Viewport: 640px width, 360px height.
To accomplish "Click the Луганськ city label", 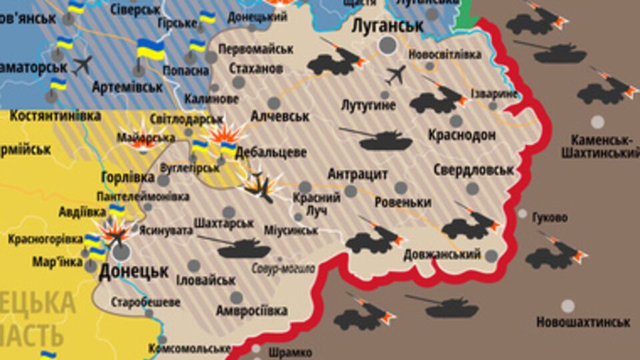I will (387, 26).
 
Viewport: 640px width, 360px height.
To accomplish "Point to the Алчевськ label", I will (280, 117).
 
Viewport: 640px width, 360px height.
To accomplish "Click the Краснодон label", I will (463, 135).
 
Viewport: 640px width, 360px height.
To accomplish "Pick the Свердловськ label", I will (473, 170).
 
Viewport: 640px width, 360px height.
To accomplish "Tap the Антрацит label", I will (357, 174).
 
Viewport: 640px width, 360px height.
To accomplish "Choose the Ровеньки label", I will (403, 202).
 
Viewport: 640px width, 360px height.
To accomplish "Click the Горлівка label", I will (129, 178).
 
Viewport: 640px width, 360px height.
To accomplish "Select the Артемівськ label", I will (127, 86).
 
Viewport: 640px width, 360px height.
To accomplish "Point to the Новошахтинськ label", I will (583, 322).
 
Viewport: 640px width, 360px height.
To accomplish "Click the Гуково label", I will (550, 217).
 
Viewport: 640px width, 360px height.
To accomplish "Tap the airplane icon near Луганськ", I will (395, 75).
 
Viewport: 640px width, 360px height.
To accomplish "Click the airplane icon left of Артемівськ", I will (83, 65).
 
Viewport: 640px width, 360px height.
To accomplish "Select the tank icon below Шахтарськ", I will (243, 248).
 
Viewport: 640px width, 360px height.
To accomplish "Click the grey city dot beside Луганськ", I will (387, 45).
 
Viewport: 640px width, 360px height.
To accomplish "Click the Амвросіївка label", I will (251, 311).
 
